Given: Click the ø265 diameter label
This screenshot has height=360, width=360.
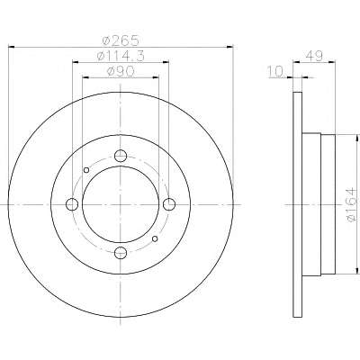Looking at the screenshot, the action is point(121,40).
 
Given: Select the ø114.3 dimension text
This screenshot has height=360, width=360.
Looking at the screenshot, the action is point(121,56).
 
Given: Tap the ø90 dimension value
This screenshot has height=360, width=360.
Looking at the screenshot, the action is point(121,71).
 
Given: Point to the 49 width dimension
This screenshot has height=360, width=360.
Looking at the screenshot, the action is point(314,56).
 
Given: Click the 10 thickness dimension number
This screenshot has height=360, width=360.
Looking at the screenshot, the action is point(276,72).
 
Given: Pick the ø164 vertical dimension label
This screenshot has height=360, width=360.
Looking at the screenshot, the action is point(351,205).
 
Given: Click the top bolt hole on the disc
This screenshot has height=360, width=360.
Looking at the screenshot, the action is point(121,156).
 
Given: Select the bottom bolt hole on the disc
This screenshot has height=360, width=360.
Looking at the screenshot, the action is point(121,253).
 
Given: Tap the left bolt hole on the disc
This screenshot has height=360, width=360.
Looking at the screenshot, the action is point(72,204).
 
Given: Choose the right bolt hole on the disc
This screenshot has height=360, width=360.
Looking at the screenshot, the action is point(169,204).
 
